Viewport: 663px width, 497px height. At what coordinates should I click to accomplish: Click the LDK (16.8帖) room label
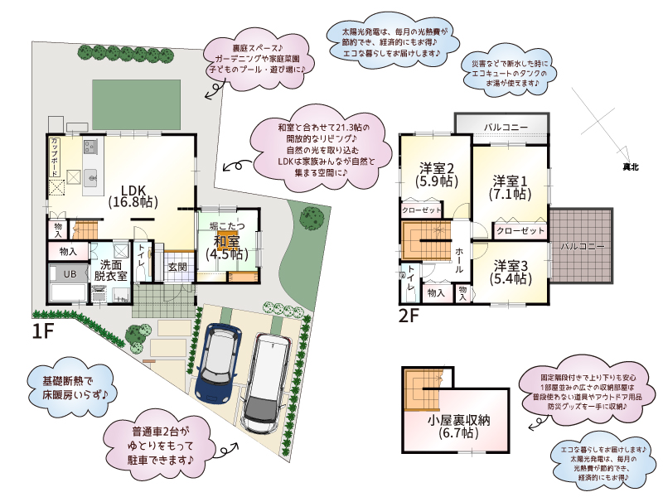click(x=133, y=196)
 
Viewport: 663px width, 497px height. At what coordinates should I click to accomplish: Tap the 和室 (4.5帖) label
click(x=227, y=248)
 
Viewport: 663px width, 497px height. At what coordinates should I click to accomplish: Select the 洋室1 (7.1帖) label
click(x=511, y=188)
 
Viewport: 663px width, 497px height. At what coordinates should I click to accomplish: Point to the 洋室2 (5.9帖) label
click(x=437, y=175)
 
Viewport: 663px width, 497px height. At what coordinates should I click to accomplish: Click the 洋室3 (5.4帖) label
click(x=511, y=273)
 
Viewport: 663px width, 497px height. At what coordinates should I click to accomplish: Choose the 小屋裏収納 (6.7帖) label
click(x=459, y=427)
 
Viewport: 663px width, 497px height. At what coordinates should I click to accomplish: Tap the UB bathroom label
click(x=70, y=274)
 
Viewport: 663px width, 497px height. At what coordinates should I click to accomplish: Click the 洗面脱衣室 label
click(x=110, y=271)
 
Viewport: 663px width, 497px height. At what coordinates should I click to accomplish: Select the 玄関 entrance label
click(x=177, y=267)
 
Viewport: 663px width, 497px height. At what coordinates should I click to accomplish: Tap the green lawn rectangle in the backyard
click(x=136, y=104)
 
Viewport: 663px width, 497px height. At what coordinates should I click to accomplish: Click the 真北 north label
click(x=631, y=167)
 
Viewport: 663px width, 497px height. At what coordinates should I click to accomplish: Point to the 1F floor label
click(x=43, y=331)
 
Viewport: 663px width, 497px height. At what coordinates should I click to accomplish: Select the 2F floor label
click(x=409, y=316)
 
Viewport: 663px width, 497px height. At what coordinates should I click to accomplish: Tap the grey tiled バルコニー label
click(x=583, y=246)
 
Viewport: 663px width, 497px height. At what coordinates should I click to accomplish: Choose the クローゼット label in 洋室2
click(x=421, y=210)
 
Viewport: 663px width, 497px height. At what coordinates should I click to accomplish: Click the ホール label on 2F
click(x=459, y=259)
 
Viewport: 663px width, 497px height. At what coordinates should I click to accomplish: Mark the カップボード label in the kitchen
click(x=55, y=157)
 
